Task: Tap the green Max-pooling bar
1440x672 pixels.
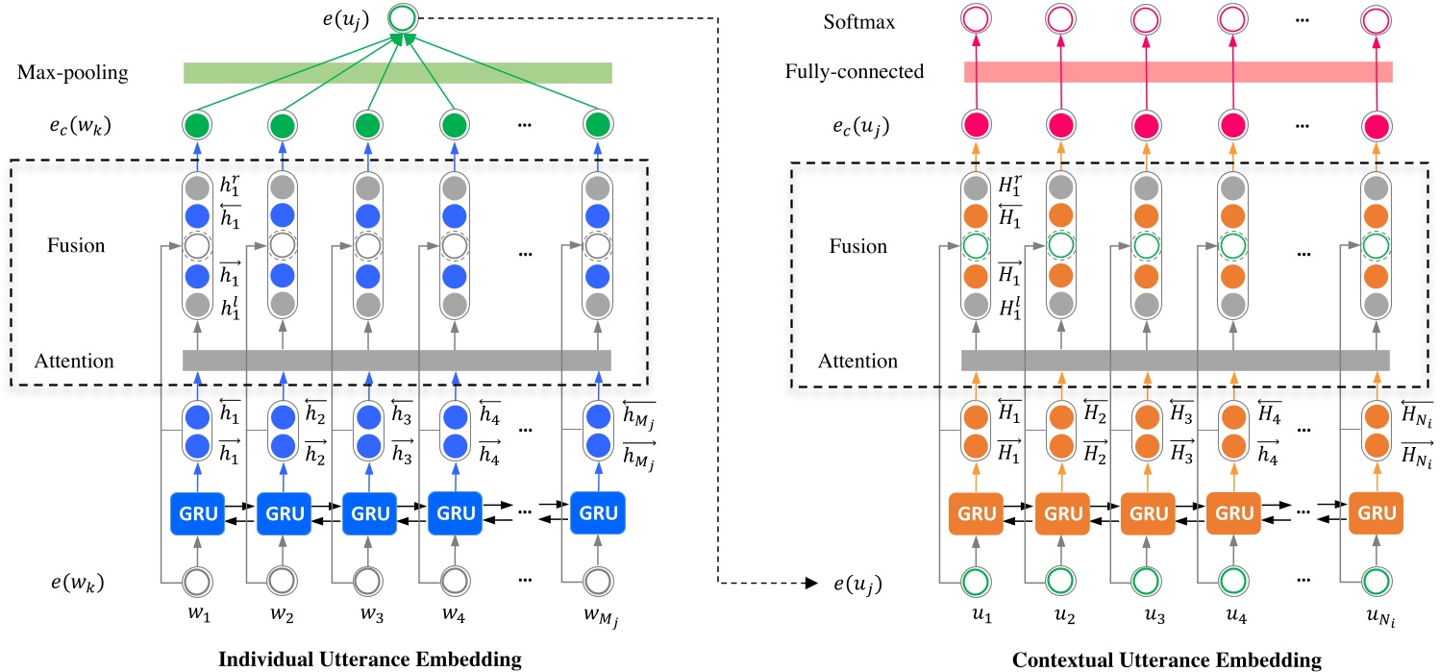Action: point(397,73)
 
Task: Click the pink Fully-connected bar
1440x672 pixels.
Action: point(1178,72)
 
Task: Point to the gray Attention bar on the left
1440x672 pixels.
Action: point(397,361)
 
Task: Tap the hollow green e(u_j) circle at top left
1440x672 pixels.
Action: point(404,16)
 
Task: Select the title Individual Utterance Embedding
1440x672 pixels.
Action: point(371,659)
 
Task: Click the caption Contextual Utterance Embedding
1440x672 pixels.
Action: point(1153,659)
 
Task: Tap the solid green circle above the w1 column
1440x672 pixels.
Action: point(197,124)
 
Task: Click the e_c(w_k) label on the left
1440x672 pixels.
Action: point(60,125)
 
